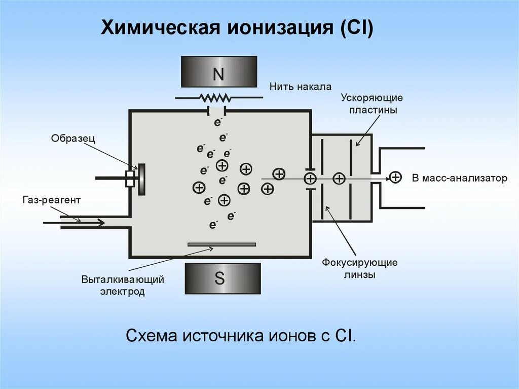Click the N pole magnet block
coord(218,72)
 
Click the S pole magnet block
coord(223,278)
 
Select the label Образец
coord(73,138)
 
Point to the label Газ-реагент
coord(51,200)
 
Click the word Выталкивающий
coord(123,279)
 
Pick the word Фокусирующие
coord(359,263)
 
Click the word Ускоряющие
coord(372,97)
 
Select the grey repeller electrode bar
coord(221,244)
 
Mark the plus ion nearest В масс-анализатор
coord(395,177)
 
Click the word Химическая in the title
coord(160,27)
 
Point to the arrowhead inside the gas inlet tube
coord(100,223)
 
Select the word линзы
coord(359,275)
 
